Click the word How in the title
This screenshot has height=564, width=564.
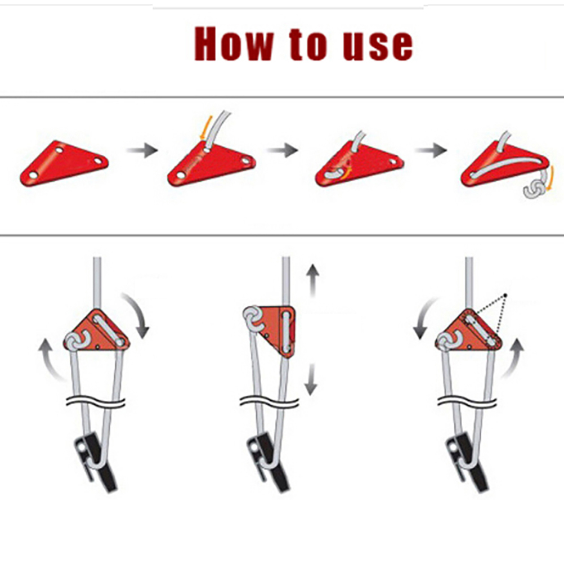234,43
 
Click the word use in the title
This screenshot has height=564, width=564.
378,46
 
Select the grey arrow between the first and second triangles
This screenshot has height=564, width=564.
142,150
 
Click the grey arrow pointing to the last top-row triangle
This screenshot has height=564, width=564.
431,150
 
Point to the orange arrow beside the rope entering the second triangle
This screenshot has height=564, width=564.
205,127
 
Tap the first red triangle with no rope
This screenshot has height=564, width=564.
64,163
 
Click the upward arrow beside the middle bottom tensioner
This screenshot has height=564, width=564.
312,280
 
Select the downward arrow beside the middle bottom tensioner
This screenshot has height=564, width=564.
311,379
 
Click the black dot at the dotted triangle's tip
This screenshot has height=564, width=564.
505,296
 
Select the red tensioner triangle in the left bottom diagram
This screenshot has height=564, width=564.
98,330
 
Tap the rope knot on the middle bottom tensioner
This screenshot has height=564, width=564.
254,319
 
